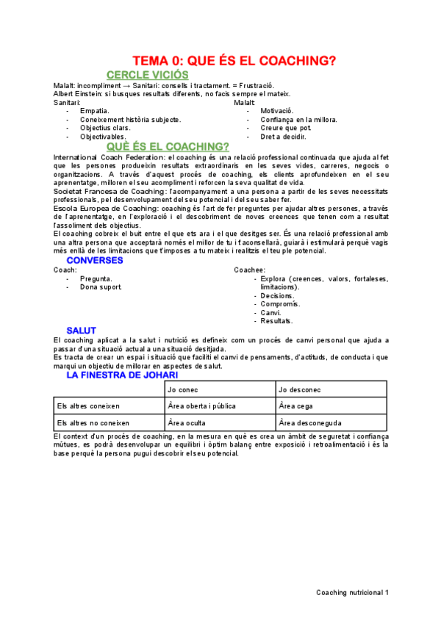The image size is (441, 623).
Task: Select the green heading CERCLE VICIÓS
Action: coord(147,75)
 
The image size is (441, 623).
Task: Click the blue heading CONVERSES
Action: coord(95,260)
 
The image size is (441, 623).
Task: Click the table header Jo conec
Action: coord(184,389)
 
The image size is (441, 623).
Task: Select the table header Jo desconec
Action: coord(299,389)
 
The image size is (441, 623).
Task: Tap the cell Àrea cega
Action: coord(295,406)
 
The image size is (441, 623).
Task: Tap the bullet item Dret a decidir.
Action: coord(283,137)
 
